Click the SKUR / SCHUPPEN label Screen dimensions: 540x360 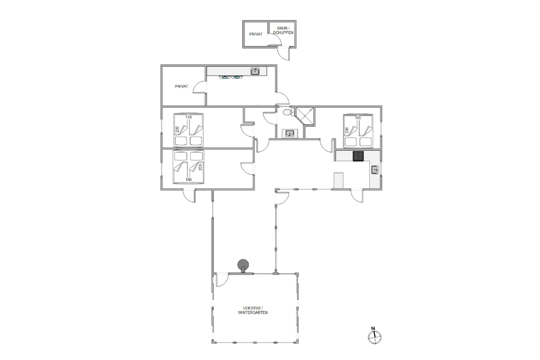point(283,30)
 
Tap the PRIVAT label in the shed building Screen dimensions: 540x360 point(256,34)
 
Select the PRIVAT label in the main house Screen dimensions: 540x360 point(181,86)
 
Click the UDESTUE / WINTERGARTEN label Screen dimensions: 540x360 point(253,310)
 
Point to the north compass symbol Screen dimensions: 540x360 point(374,336)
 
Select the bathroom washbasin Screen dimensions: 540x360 point(289,133)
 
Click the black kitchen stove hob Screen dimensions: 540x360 point(358,156)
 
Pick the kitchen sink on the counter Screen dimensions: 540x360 point(375,169)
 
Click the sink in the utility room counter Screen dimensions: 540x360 point(255,72)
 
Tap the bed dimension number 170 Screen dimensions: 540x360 point(188,117)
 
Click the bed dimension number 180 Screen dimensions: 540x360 point(188,179)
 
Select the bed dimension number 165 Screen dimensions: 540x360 point(358,118)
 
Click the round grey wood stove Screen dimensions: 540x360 point(243,266)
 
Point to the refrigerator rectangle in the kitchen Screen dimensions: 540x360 point(339,180)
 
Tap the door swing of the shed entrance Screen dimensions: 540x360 point(285,53)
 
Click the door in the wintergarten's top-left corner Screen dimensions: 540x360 point(221,281)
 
